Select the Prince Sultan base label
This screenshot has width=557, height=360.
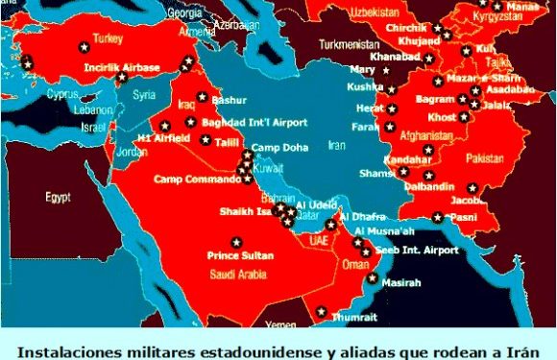(240, 255)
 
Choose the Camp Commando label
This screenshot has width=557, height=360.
(193, 180)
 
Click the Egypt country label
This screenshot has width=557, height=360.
(60, 197)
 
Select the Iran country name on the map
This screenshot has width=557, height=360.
(335, 146)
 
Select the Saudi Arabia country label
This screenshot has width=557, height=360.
(238, 273)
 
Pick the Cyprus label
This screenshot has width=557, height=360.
(61, 95)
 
